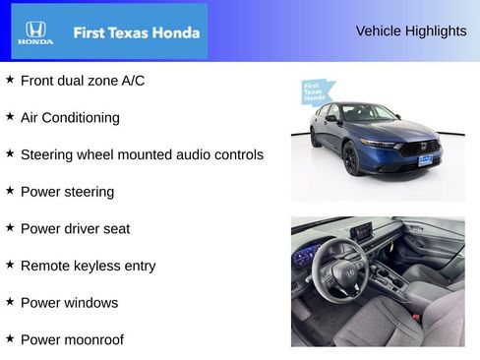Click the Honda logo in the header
(35, 32)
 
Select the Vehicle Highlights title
(411, 30)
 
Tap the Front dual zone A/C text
(83, 81)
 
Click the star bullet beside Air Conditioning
(10, 116)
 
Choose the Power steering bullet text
(67, 192)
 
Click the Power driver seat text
(75, 228)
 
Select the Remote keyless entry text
(88, 266)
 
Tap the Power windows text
(69, 303)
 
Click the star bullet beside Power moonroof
(10, 338)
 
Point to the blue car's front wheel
(351, 157)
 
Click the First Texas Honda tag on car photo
(315, 91)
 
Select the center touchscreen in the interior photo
(363, 232)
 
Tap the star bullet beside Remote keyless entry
(10, 264)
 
